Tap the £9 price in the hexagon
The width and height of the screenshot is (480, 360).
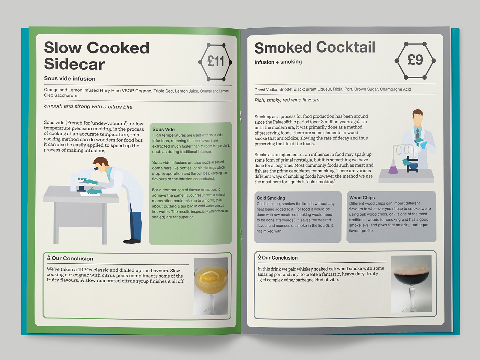click(x=415, y=60)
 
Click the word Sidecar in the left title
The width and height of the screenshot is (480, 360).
click(x=74, y=64)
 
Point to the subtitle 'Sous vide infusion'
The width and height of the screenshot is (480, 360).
click(x=70, y=79)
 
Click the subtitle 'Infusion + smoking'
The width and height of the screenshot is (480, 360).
click(x=278, y=62)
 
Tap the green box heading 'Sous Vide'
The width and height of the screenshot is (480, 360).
click(x=163, y=129)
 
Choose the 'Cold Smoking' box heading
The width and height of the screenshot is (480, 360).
click(x=271, y=198)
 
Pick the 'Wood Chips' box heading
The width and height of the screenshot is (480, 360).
click(x=362, y=198)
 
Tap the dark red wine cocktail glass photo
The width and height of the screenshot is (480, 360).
click(x=411, y=284)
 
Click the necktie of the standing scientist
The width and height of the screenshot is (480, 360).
click(x=418, y=134)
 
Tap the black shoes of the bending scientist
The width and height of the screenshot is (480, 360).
click(x=132, y=241)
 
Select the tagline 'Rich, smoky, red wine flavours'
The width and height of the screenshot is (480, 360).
click(x=287, y=100)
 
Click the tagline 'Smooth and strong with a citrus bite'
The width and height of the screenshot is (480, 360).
click(x=88, y=106)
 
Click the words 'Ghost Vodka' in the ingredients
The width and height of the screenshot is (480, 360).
click(x=266, y=90)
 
